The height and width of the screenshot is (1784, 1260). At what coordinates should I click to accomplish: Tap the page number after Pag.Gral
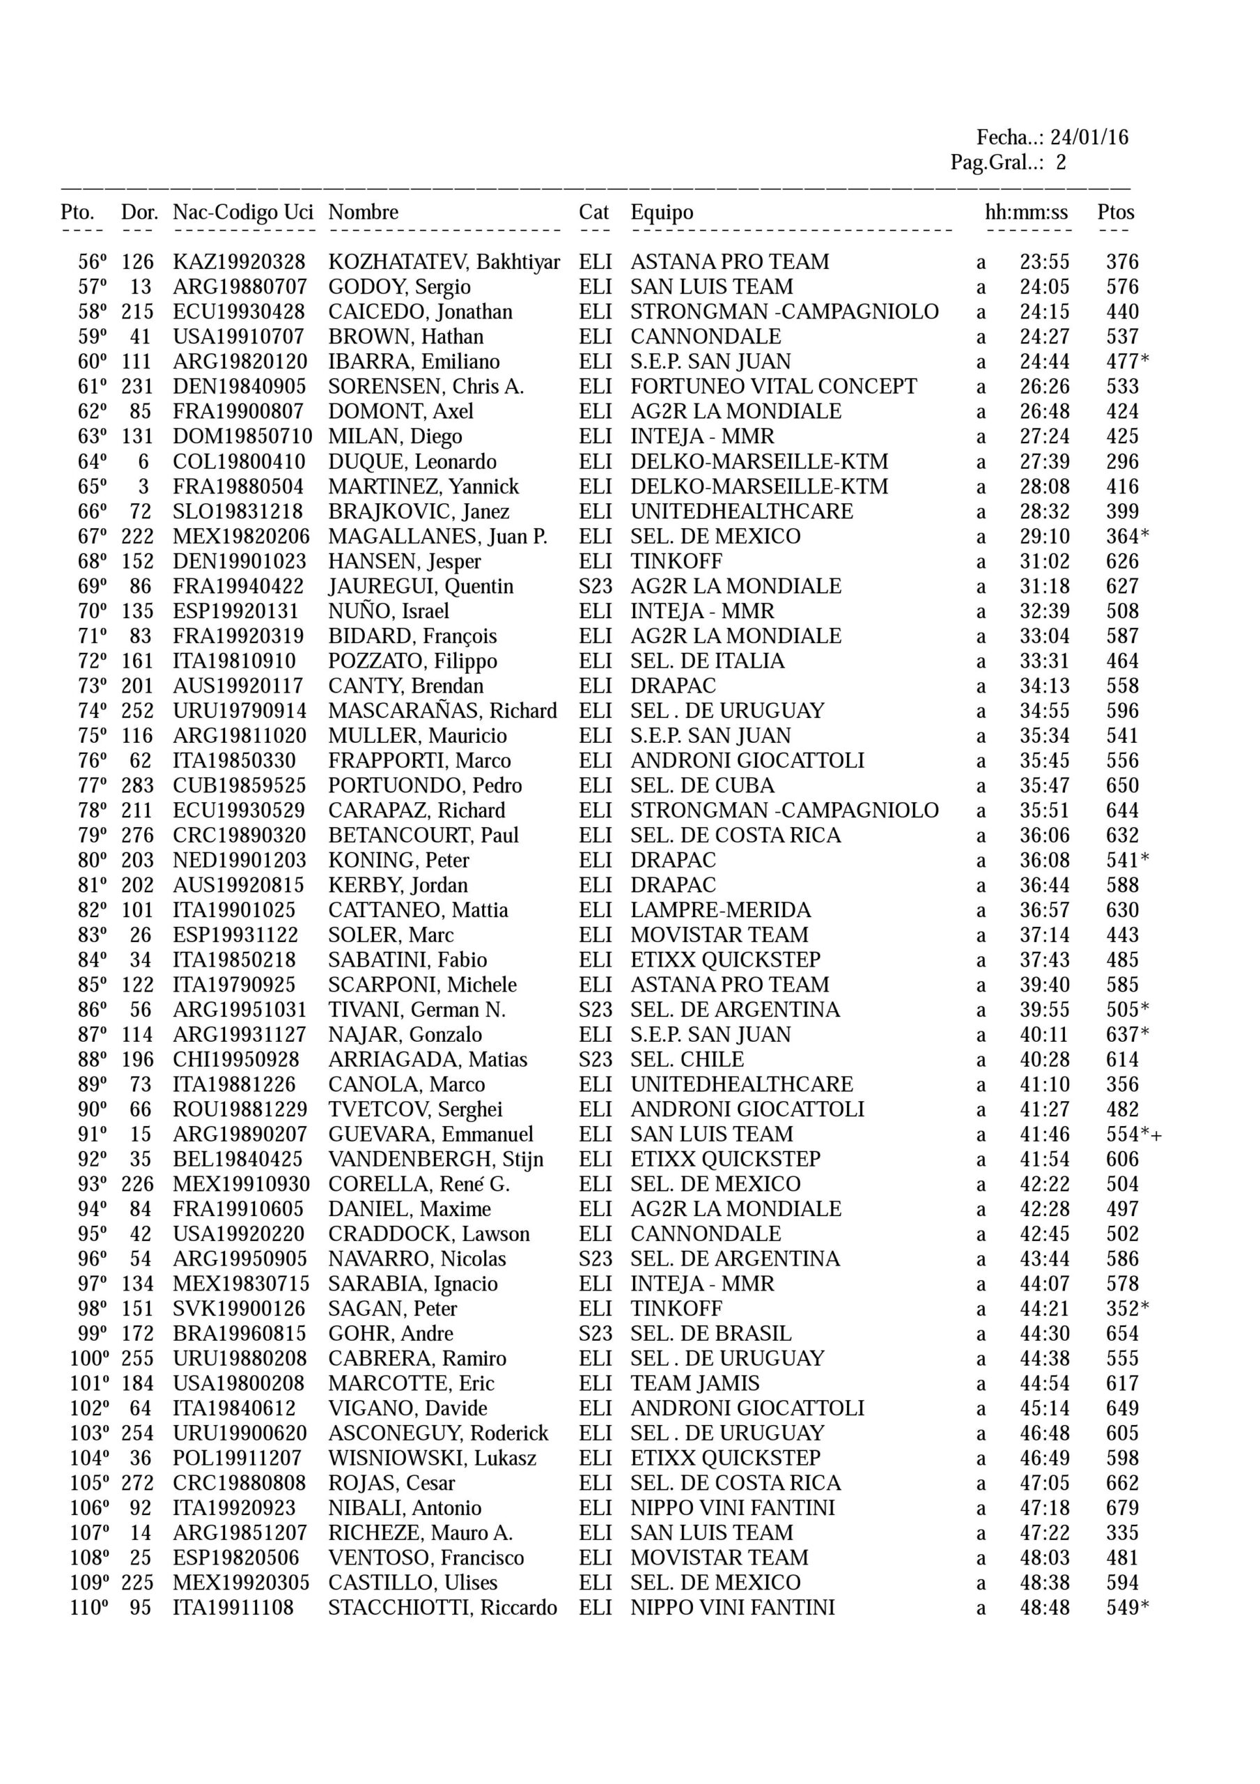pos(1060,163)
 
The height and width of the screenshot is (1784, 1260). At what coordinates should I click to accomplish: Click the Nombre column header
pos(363,212)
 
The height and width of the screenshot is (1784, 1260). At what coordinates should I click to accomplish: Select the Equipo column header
pos(661,212)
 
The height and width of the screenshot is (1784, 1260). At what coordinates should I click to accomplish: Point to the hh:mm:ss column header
pos(1026,212)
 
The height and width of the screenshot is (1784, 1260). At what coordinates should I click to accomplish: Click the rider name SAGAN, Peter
pos(392,1309)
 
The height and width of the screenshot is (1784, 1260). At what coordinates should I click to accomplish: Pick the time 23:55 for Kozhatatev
pos(1044,262)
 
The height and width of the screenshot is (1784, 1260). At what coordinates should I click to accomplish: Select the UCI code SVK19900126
pos(240,1309)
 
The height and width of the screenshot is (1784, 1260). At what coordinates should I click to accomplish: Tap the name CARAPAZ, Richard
pos(417,810)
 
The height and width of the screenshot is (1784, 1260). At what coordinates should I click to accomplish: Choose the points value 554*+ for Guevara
pos(1133,1135)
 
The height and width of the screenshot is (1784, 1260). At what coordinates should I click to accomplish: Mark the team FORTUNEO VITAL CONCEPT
pos(773,386)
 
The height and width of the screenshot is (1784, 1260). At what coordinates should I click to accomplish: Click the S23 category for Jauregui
pos(595,586)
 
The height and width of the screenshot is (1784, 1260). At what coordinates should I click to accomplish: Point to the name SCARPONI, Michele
pos(422,985)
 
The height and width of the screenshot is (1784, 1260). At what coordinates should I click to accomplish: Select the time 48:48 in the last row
pos(1044,1608)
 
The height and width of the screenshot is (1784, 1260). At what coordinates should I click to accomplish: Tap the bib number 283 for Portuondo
pos(137,785)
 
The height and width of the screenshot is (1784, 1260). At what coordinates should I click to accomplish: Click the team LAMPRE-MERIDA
pos(720,910)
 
